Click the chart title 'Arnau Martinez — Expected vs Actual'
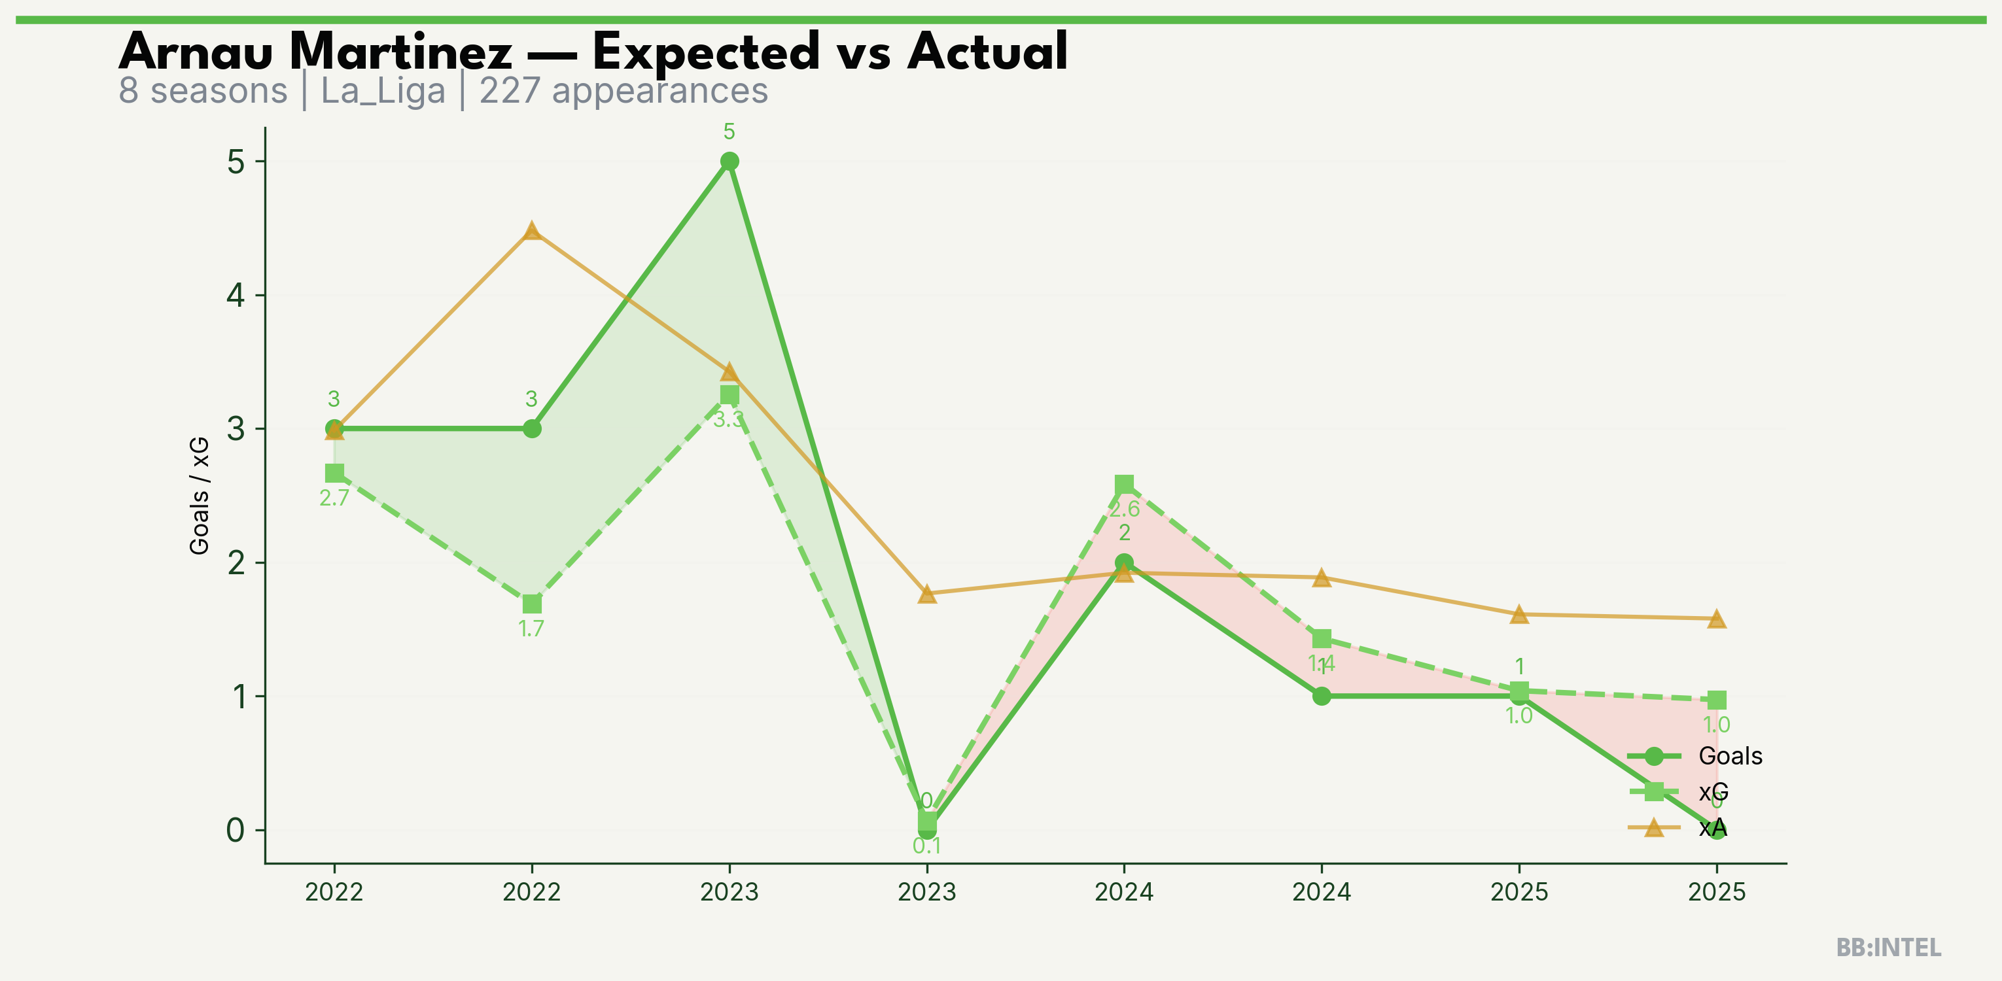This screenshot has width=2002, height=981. coord(593,52)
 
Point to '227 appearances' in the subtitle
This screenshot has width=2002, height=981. coord(623,91)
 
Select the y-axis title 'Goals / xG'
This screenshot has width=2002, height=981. coord(200,496)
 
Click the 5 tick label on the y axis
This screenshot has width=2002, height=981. coord(236,162)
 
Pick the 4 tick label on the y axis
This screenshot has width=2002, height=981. coord(236,295)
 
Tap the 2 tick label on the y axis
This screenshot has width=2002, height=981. coord(236,562)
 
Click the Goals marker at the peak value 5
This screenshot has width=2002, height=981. coord(729,162)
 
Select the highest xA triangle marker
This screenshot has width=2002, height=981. coord(532,231)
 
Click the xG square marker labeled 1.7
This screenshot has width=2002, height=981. coord(532,604)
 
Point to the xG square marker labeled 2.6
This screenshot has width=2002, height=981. coord(1124,485)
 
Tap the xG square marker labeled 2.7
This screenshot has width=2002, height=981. coord(334,473)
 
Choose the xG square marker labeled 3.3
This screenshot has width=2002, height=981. coord(729,394)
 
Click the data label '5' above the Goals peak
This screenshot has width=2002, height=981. coord(729,132)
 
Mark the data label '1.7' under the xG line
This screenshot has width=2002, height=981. coord(532,628)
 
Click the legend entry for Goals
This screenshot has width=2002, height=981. coord(1730,756)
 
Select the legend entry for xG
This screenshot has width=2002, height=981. coord(1713,791)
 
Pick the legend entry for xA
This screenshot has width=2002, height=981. coord(1712,828)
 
